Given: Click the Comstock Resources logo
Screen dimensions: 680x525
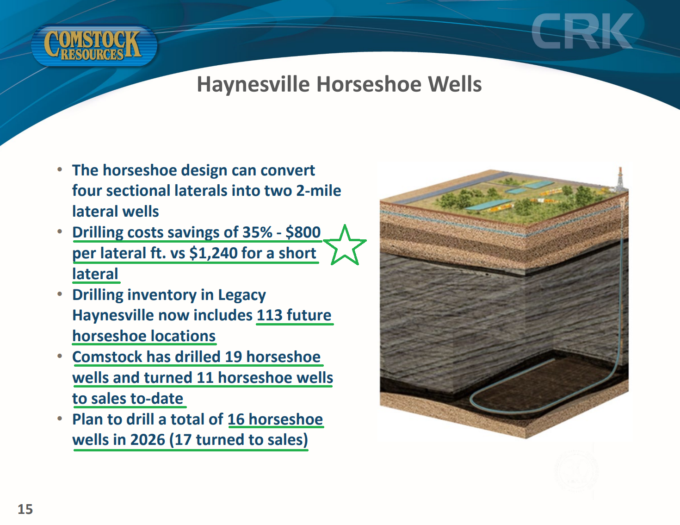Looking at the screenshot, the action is [x=94, y=45].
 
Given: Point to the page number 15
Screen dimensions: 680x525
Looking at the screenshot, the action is [x=25, y=509].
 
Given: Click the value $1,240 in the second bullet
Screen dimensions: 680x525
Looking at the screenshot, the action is [x=213, y=253].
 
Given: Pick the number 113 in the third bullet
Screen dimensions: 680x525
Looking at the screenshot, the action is [x=270, y=315].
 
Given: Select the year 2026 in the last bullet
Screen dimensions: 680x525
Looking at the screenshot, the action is [x=148, y=439].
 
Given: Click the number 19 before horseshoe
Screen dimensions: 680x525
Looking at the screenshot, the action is [x=234, y=357].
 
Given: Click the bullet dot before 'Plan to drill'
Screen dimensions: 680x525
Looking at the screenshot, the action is [x=60, y=419].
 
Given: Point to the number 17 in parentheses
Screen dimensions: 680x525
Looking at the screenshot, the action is [x=183, y=439].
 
